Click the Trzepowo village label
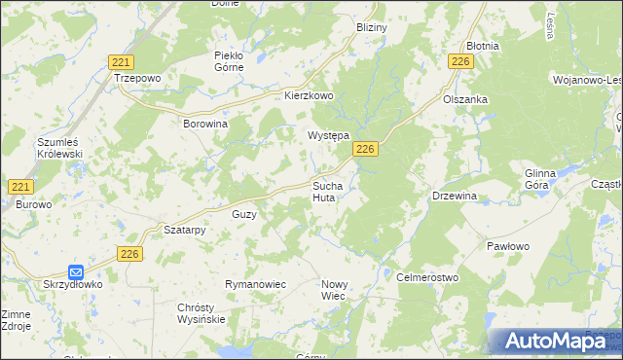click(x=136, y=78)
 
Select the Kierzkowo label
click(x=309, y=96)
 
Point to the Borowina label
click(x=205, y=125)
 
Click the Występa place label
click(x=329, y=136)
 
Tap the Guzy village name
click(x=243, y=214)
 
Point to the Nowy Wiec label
click(x=334, y=290)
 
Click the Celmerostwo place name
click(x=427, y=277)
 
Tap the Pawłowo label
click(x=508, y=247)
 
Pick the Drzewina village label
click(x=455, y=196)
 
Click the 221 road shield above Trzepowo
click(x=122, y=60)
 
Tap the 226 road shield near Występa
click(x=365, y=149)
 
